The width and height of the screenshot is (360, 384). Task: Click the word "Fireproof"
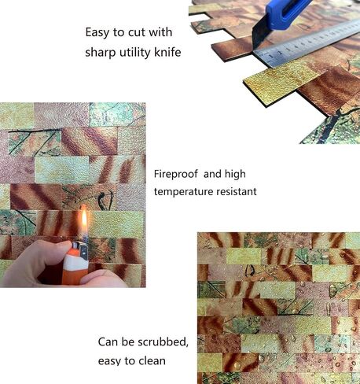176,174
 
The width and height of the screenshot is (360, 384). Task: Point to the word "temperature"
183,191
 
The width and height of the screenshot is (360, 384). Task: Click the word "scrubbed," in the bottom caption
163,342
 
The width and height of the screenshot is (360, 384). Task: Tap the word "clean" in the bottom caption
152,361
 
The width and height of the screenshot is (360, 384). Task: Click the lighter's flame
84,221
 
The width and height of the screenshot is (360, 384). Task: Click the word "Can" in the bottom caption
108,342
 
